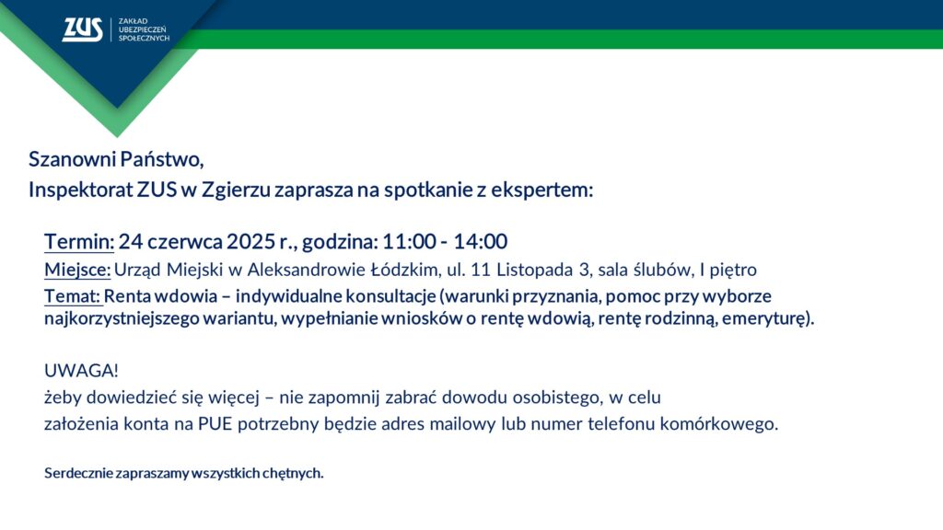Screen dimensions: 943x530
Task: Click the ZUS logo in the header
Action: [82, 29]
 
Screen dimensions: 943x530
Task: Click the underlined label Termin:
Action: [79, 242]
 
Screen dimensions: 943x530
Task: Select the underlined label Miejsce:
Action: [77, 270]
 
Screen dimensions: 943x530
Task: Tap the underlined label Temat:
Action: [72, 296]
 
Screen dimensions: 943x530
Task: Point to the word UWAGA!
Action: [81, 371]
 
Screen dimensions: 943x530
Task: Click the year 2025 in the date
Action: [251, 242]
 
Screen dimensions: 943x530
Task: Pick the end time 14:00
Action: [480, 242]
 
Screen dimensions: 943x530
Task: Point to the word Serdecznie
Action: [78, 474]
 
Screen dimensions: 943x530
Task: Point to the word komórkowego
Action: [718, 424]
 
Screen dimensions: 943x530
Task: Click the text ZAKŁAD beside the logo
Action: [133, 21]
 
